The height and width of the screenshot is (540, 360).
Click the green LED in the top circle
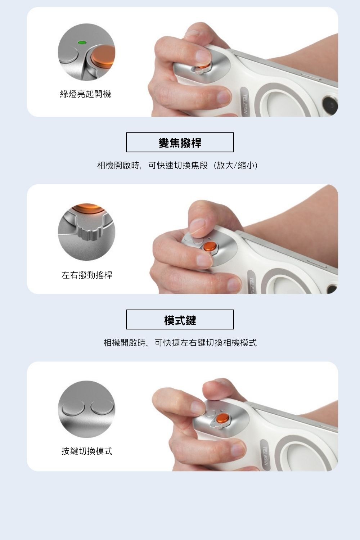[x=82, y=42]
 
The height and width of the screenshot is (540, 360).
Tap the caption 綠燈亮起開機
[x=85, y=94]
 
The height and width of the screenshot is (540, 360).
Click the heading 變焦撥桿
[x=180, y=143]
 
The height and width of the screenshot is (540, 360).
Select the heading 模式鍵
[x=180, y=320]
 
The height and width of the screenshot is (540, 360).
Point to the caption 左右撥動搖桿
[x=87, y=275]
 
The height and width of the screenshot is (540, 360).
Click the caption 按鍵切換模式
[x=87, y=451]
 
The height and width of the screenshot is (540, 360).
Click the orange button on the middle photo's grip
[x=209, y=247]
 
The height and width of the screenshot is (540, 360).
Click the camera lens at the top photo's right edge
[x=330, y=104]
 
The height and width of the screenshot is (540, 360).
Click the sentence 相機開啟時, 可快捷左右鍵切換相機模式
[x=180, y=343]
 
